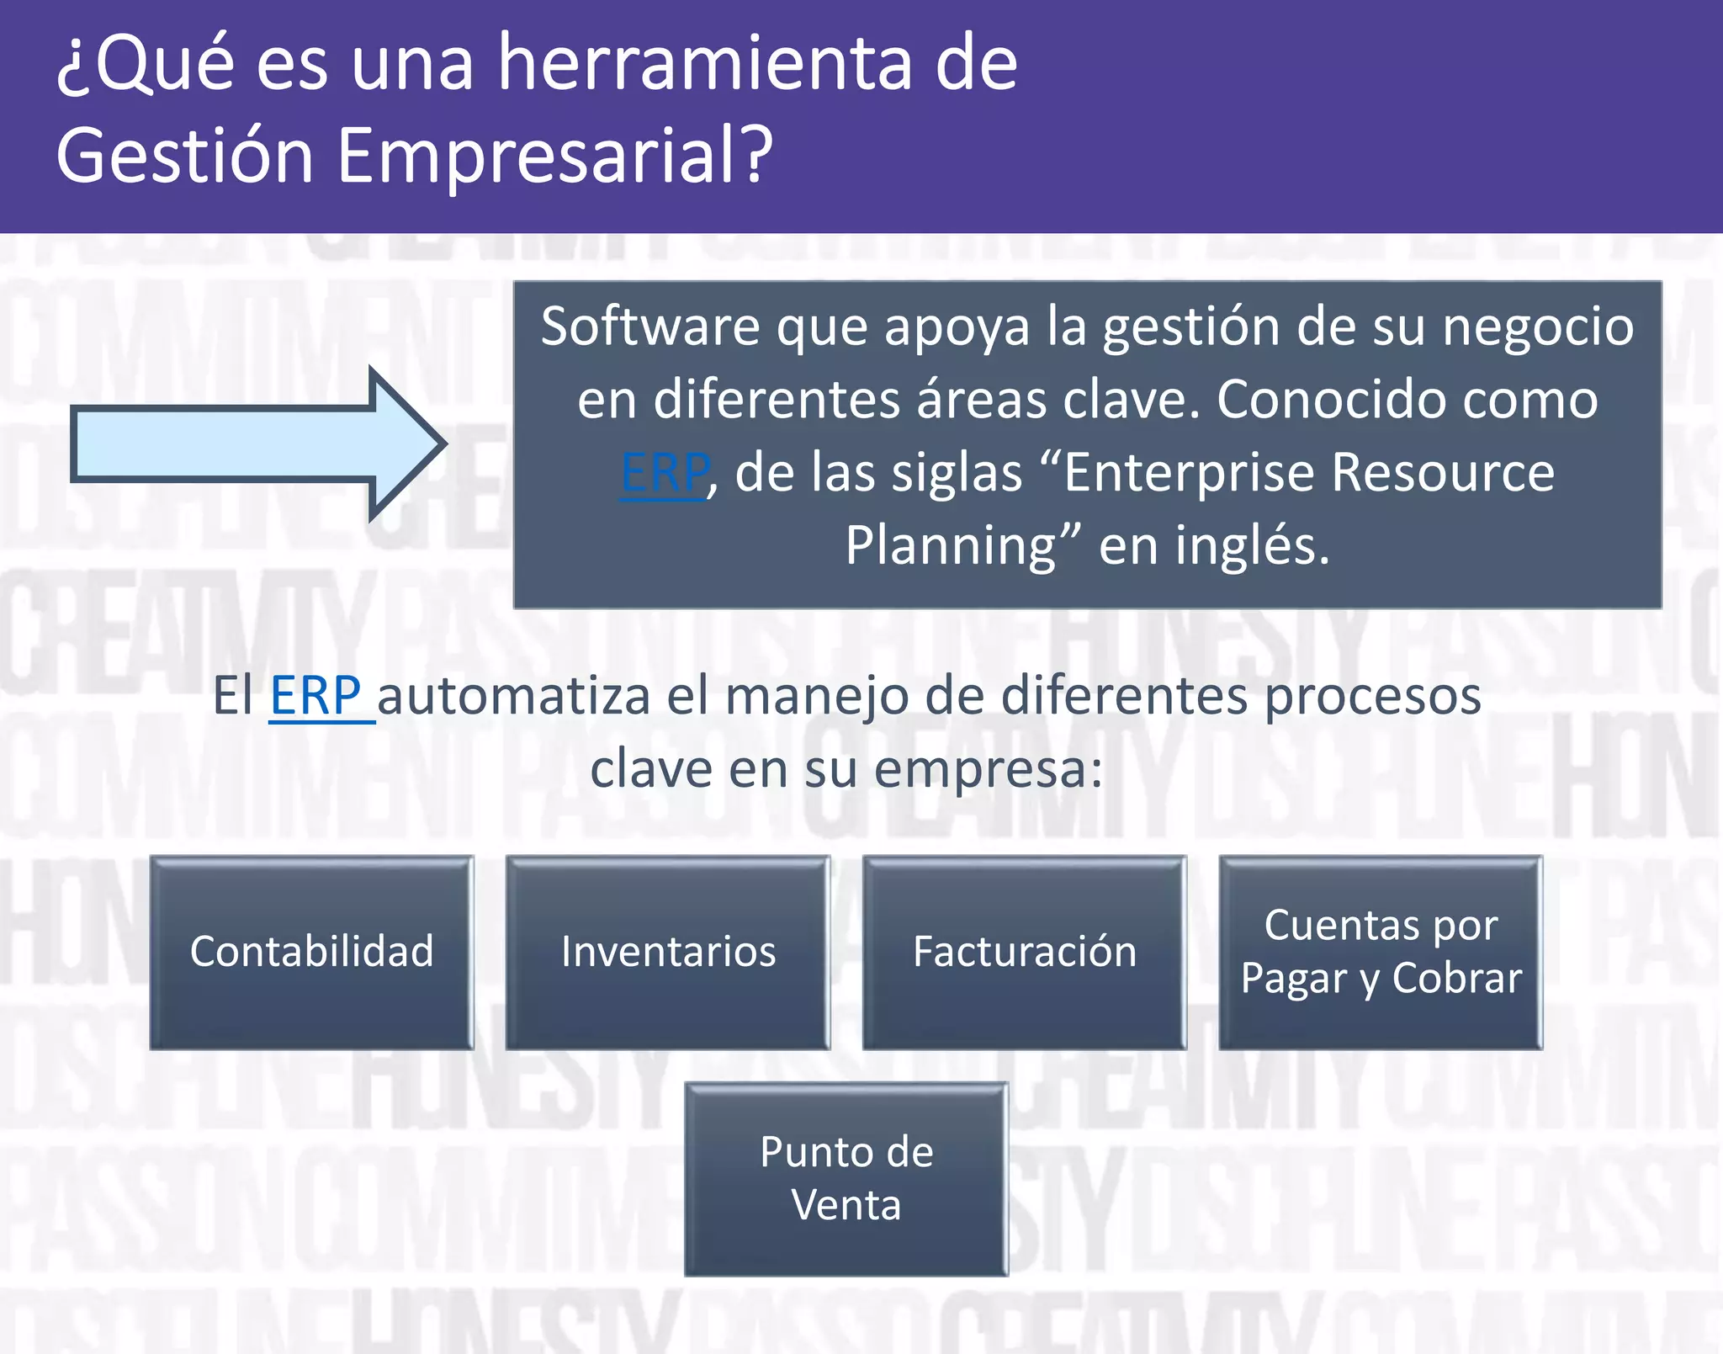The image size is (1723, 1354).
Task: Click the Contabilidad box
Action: pyautogui.click(x=311, y=952)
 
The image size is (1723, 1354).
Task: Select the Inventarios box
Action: pyautogui.click(x=668, y=952)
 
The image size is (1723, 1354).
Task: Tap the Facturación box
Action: pyautogui.click(x=1024, y=952)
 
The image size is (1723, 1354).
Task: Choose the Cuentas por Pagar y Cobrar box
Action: pyautogui.click(x=1381, y=952)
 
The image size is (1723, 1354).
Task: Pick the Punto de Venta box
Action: pyautogui.click(x=846, y=1178)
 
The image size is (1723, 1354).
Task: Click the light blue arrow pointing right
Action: pyautogui.click(x=252, y=443)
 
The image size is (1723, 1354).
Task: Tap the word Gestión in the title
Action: pyautogui.click(x=185, y=156)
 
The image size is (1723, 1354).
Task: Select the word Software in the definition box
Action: pyautogui.click(x=649, y=327)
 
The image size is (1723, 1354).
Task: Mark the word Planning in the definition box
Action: pyautogui.click(x=951, y=546)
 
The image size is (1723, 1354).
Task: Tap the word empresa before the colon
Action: pyautogui.click(x=979, y=770)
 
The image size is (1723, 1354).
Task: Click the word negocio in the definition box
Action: pyautogui.click(x=1537, y=327)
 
